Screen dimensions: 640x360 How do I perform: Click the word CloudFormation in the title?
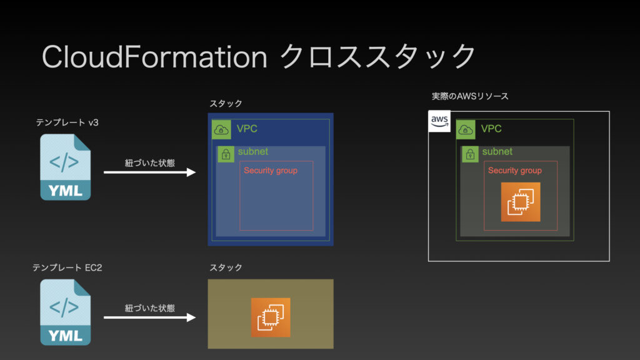click(x=154, y=57)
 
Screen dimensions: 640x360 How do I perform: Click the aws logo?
click(x=439, y=121)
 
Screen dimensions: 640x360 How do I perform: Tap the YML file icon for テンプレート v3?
click(x=65, y=167)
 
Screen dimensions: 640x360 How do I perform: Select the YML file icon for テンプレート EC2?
click(x=65, y=312)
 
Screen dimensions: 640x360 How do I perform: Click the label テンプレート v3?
click(x=67, y=122)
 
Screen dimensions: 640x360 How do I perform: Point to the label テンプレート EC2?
click(x=67, y=267)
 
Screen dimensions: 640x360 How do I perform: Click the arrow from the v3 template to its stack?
click(x=150, y=172)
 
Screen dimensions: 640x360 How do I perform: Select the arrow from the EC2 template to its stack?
click(x=150, y=317)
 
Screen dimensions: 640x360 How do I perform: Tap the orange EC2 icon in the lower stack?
click(x=271, y=317)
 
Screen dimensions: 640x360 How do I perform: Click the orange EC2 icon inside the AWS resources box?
click(x=521, y=202)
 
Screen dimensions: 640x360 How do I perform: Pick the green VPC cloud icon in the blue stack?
click(x=221, y=130)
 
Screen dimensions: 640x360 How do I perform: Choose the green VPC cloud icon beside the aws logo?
click(x=466, y=130)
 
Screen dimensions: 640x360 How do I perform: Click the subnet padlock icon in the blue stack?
click(x=226, y=154)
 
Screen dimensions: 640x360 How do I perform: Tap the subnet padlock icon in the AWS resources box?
click(x=470, y=154)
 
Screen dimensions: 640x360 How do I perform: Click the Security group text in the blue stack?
click(x=271, y=171)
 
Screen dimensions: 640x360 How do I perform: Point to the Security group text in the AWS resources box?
click(x=515, y=171)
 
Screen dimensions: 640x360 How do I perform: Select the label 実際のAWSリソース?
click(x=470, y=96)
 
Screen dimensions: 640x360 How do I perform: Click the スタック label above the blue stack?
click(x=226, y=104)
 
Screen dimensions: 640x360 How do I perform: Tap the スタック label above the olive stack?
click(x=226, y=267)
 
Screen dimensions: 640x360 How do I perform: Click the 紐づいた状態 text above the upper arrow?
click(x=150, y=163)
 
